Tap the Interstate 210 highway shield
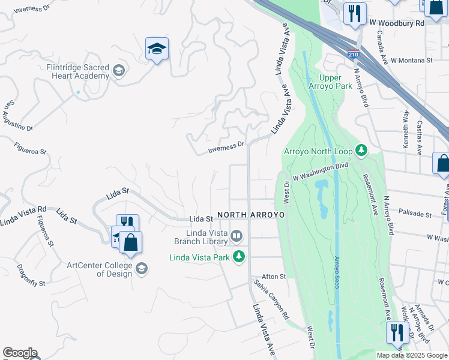tap(354, 54)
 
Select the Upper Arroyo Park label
tap(336, 82)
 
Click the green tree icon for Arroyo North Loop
tap(361, 149)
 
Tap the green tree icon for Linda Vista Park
tap(239, 257)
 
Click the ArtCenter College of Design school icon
tap(142, 268)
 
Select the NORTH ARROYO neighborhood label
tap(250, 214)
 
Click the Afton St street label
tap(274, 277)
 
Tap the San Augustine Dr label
tap(18, 116)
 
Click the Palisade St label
tap(416, 214)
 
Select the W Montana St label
tap(412, 61)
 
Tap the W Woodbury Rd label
tap(397, 23)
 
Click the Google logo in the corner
tap(20, 353)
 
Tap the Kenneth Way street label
tap(406, 129)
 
